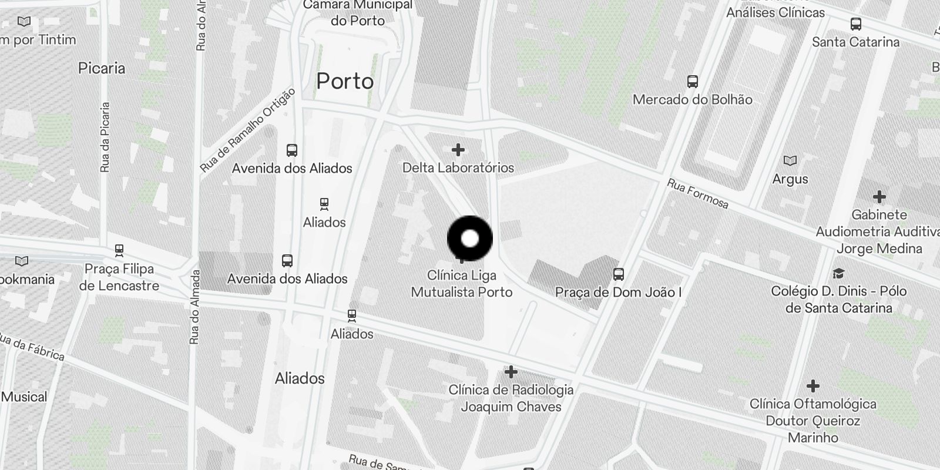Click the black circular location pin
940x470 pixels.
(x=470, y=239)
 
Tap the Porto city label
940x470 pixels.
(x=345, y=81)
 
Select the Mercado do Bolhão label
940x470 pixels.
(x=692, y=99)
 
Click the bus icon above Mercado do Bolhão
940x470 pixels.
(x=693, y=81)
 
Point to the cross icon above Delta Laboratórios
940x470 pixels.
(x=458, y=150)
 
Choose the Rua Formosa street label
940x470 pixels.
(x=697, y=194)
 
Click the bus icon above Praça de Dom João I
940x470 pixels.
(x=619, y=274)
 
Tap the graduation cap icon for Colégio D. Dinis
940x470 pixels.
(x=838, y=273)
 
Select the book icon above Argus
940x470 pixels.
(x=790, y=160)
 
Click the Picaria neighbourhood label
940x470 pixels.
(x=102, y=68)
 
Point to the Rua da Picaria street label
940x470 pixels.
(x=105, y=137)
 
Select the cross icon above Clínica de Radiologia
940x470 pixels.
(x=511, y=371)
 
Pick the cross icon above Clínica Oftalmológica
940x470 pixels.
(x=813, y=386)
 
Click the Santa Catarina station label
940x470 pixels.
(x=855, y=42)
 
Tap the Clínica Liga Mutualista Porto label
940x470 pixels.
(x=462, y=284)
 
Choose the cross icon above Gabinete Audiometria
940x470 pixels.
(x=879, y=196)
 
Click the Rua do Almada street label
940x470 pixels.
(x=195, y=307)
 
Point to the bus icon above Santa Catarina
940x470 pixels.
(x=856, y=24)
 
